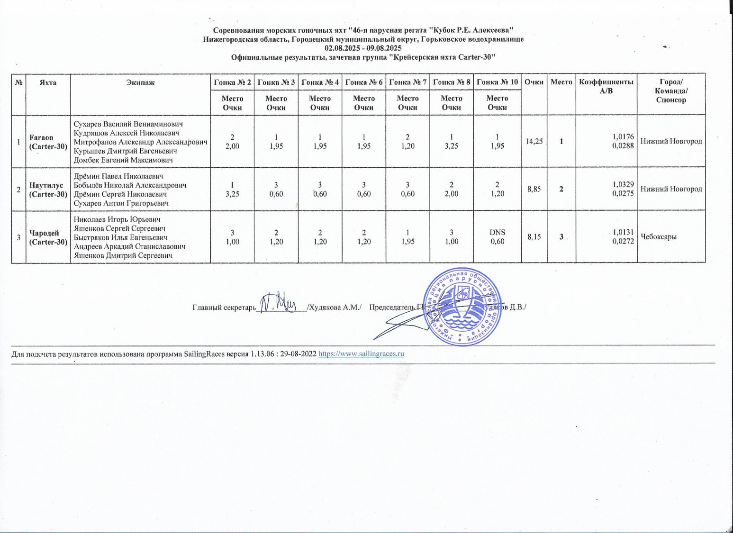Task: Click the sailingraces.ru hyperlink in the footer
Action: click(x=361, y=353)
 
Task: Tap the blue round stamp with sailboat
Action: click(x=462, y=307)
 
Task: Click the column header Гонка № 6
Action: click(x=364, y=82)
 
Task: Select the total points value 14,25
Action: click(x=534, y=141)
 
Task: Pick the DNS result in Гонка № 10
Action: click(x=497, y=232)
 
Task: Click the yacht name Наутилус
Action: click(x=44, y=185)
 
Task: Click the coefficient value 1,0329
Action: click(x=623, y=184)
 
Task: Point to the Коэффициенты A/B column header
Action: click(x=606, y=86)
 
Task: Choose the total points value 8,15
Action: click(x=534, y=236)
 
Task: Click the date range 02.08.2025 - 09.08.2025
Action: click(x=363, y=48)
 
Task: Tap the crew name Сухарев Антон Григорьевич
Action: click(x=121, y=203)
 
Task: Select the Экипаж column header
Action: click(x=140, y=82)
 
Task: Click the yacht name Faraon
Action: click(x=41, y=137)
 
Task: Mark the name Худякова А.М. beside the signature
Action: click(x=335, y=307)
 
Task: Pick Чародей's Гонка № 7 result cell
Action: click(x=407, y=236)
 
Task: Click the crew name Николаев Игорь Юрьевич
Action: click(x=117, y=219)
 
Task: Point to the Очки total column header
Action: click(x=534, y=82)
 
